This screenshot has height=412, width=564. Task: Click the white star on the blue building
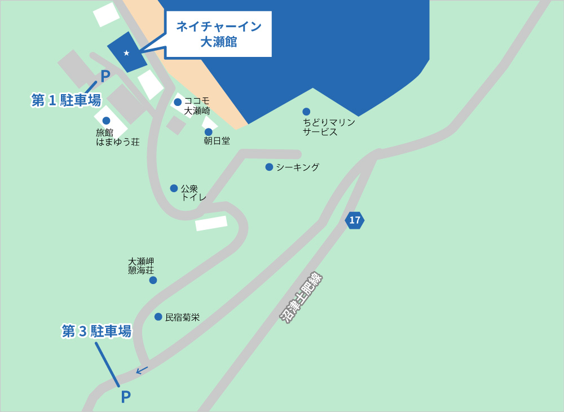(x=126, y=53)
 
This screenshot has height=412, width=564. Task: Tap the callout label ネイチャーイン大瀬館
(x=218, y=34)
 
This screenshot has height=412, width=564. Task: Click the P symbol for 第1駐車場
(x=105, y=76)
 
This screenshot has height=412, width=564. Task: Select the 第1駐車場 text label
(x=66, y=100)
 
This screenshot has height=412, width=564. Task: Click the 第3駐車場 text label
(x=96, y=331)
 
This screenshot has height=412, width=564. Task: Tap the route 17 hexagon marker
(x=354, y=220)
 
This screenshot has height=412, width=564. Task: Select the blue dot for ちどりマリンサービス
(x=306, y=112)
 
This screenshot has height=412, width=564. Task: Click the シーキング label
(x=297, y=167)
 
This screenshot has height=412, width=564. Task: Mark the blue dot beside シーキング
(x=269, y=167)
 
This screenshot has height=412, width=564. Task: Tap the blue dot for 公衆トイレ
(x=174, y=188)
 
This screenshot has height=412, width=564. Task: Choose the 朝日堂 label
(x=217, y=141)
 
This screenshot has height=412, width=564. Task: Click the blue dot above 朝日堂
(x=208, y=132)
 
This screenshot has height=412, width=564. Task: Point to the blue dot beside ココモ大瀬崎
(x=178, y=102)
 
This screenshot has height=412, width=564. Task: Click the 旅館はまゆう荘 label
(x=117, y=137)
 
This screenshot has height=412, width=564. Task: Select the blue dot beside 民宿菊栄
(x=158, y=317)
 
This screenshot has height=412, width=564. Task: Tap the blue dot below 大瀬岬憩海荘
(x=153, y=280)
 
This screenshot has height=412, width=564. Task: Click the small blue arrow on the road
(x=142, y=370)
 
